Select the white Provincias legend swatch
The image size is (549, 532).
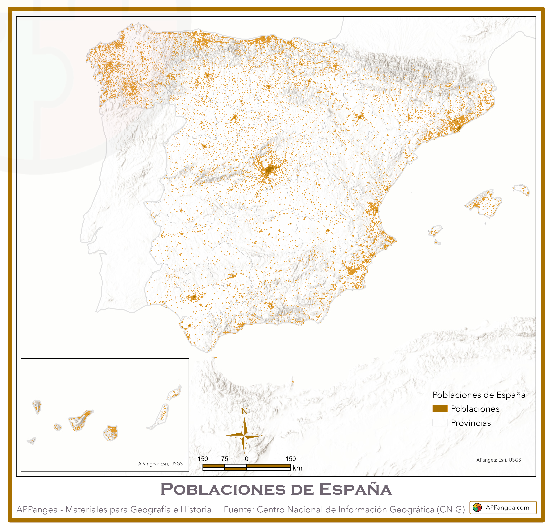pyautogui.click(x=440, y=423)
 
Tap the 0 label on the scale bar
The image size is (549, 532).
pyautogui.click(x=247, y=459)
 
